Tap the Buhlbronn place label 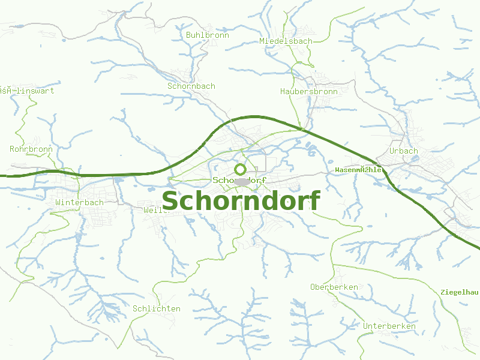click(x=208, y=35)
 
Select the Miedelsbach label click(x=286, y=41)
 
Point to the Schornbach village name click(x=191, y=86)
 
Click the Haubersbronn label click(x=308, y=92)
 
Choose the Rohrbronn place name click(x=31, y=149)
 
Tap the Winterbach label click(x=79, y=203)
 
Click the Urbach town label click(x=403, y=151)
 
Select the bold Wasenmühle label click(x=359, y=170)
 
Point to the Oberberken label click(x=334, y=287)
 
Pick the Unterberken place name click(x=389, y=326)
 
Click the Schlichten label click(x=156, y=309)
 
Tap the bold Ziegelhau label click(x=460, y=292)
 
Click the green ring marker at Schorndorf click(x=240, y=169)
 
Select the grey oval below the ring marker click(x=242, y=181)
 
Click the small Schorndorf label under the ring click(x=239, y=180)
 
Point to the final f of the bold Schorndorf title click(x=314, y=200)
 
